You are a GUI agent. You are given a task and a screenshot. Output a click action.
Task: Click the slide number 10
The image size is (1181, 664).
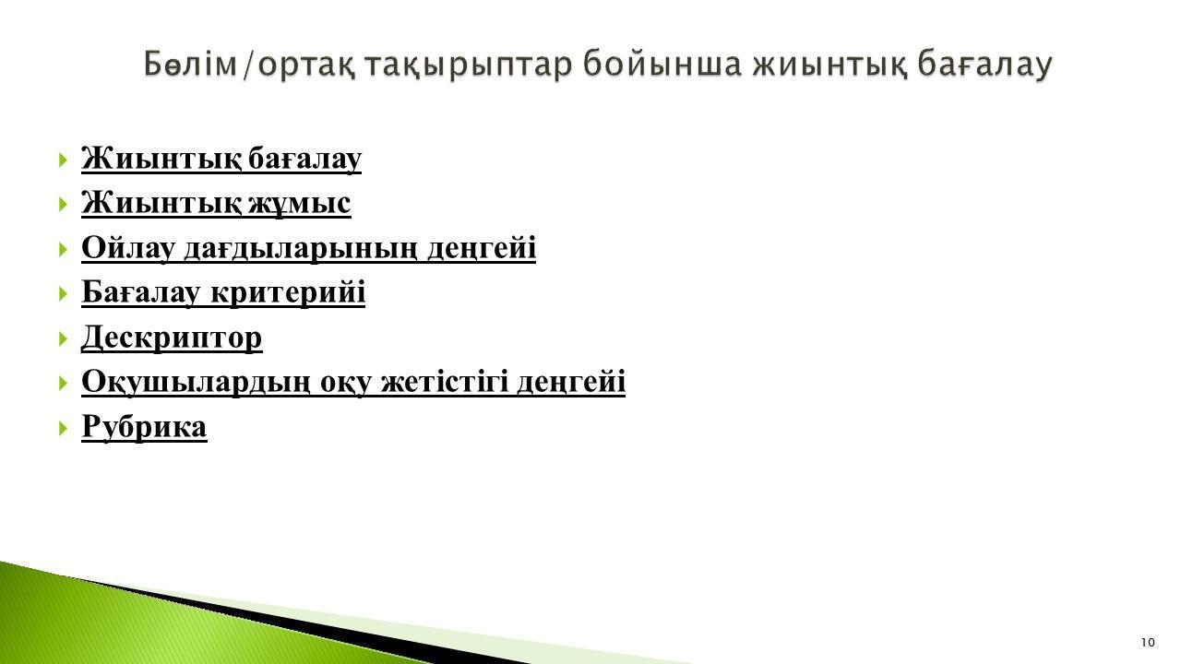pos(1148,643)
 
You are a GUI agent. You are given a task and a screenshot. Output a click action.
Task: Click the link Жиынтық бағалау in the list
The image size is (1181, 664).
pos(221,158)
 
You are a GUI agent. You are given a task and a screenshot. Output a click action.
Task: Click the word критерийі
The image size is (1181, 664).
pos(288,292)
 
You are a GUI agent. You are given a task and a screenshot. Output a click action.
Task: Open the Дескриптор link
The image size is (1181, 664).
pos(172,338)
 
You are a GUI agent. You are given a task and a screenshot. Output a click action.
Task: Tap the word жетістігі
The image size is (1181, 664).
pos(445,382)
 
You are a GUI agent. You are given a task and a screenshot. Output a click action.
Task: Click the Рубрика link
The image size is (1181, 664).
pos(144,426)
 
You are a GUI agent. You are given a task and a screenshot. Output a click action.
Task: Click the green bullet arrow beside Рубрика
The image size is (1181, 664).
pos(64,428)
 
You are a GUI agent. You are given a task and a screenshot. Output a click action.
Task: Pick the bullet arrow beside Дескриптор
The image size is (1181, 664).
pos(64,338)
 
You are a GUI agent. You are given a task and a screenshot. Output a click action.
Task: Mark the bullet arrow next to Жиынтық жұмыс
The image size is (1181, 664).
pos(64,205)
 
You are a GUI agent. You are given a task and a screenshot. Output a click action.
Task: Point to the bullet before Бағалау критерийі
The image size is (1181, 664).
pos(64,293)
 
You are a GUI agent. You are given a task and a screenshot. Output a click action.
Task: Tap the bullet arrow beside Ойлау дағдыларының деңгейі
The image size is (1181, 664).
pos(64,249)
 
